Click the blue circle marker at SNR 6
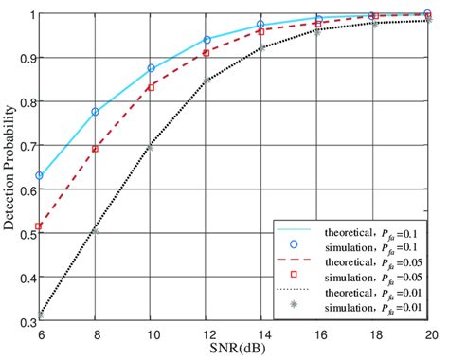click(39, 176)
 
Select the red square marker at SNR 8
click(95, 149)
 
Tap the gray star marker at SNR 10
click(151, 148)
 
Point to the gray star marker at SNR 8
click(95, 230)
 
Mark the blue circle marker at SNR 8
click(95, 112)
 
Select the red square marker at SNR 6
click(39, 226)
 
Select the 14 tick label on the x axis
click(262, 334)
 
